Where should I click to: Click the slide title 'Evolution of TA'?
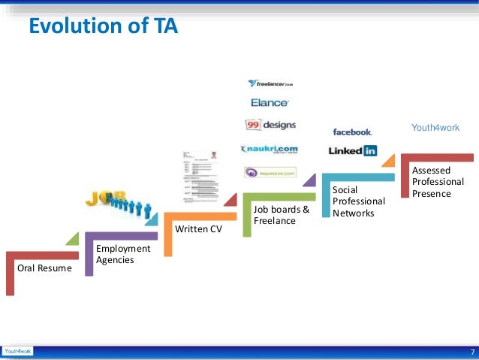[103, 28]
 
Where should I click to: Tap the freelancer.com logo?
[270, 83]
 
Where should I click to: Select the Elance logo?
[270, 102]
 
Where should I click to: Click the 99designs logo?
[270, 125]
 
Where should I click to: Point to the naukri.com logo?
[270, 150]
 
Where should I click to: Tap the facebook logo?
[352, 132]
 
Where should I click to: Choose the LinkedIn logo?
[353, 150]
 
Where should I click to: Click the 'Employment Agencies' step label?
[123, 254]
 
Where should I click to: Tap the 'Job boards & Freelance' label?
[281, 215]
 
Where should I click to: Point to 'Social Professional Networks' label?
[359, 201]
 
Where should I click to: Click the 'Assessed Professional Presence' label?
[438, 182]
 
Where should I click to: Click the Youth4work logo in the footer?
[17, 351]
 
